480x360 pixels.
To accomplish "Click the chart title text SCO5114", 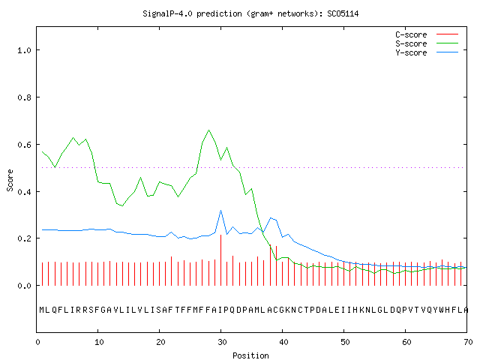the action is point(343,13).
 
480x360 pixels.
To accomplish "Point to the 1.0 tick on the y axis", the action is point(25,50).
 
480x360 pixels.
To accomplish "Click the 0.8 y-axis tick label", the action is point(25,97).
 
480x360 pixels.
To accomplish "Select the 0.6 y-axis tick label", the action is point(25,145).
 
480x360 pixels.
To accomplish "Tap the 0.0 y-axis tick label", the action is point(25,286).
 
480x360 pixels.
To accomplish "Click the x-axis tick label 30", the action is point(222,342).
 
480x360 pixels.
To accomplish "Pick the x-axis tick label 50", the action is point(345,342).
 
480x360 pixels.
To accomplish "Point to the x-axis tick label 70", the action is point(468,342).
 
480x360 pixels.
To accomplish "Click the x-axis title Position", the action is point(250,355).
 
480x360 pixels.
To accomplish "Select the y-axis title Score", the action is point(10,180).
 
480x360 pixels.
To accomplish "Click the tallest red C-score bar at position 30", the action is point(220,260).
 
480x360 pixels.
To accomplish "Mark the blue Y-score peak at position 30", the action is point(220,211).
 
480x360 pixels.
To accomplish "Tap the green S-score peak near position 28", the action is point(208,130).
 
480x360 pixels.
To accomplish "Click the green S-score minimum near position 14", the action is point(122,205).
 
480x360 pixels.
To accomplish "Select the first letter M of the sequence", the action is point(42,310).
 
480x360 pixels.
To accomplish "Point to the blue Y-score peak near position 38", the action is point(271,218).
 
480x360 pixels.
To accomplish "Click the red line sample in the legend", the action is point(447,34).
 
